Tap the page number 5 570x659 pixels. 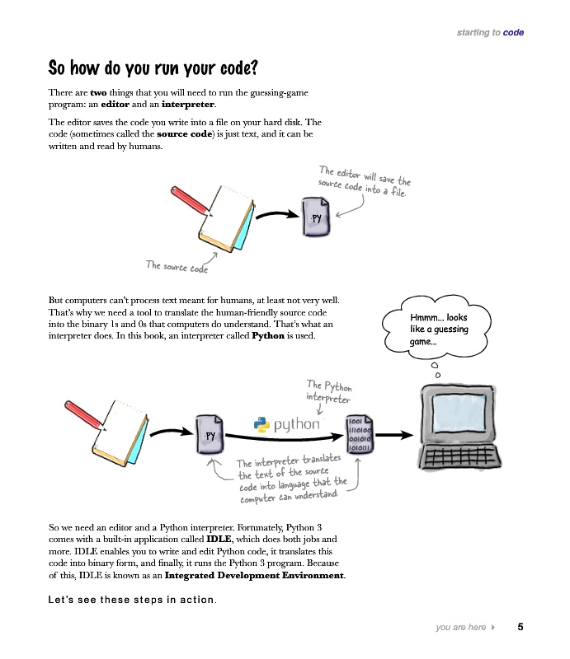click(521, 628)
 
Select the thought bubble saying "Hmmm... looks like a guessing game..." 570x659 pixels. click(439, 329)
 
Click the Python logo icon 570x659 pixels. click(261, 424)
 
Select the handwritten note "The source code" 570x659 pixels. click(177, 267)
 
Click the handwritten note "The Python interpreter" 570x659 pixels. click(329, 391)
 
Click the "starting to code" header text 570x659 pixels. click(490, 33)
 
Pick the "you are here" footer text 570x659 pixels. click(460, 628)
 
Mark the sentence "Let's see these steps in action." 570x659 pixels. click(133, 599)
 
